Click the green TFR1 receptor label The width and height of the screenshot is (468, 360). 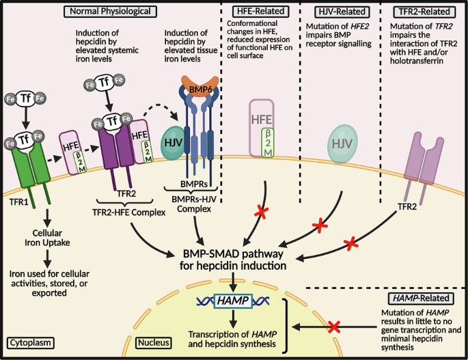pos(22,203)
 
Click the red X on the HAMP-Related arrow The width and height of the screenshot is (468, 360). pos(335,329)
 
